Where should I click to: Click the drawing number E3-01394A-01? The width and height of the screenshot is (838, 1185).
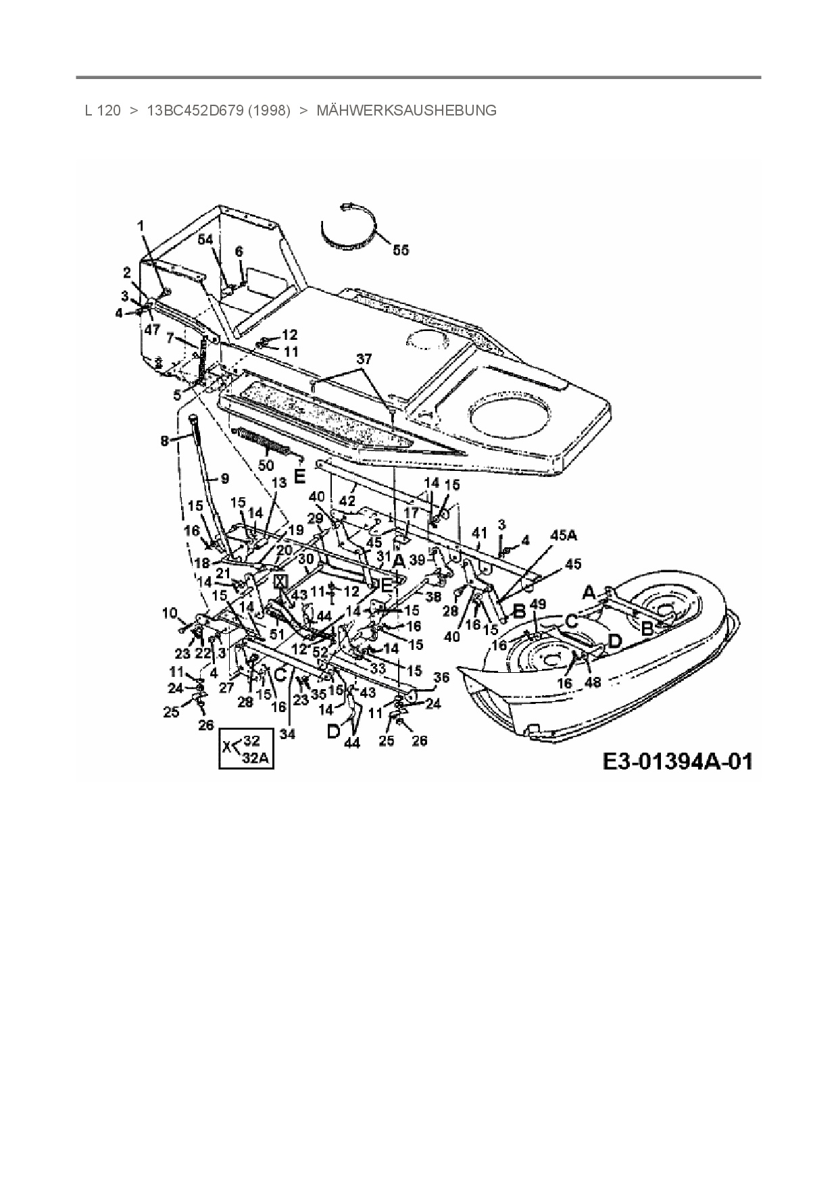click(677, 762)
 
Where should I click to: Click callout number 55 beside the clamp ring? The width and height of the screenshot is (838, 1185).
click(401, 250)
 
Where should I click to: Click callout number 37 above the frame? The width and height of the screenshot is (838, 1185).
click(364, 359)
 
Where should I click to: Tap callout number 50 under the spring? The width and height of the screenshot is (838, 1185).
click(266, 465)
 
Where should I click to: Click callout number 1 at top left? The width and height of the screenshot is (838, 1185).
click(141, 226)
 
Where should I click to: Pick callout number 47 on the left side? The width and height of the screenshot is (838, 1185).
click(151, 329)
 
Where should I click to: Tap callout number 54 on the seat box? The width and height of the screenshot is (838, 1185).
click(205, 240)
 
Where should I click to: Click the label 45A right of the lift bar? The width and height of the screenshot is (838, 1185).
click(564, 535)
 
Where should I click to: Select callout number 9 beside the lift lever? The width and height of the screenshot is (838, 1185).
click(224, 478)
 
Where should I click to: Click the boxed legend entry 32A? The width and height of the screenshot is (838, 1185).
click(255, 758)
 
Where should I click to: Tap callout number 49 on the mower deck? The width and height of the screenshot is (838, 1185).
click(538, 604)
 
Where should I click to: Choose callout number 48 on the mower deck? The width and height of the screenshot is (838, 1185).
click(593, 682)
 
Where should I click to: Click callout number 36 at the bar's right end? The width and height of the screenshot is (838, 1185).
click(441, 678)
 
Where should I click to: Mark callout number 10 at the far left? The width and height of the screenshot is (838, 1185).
click(169, 613)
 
